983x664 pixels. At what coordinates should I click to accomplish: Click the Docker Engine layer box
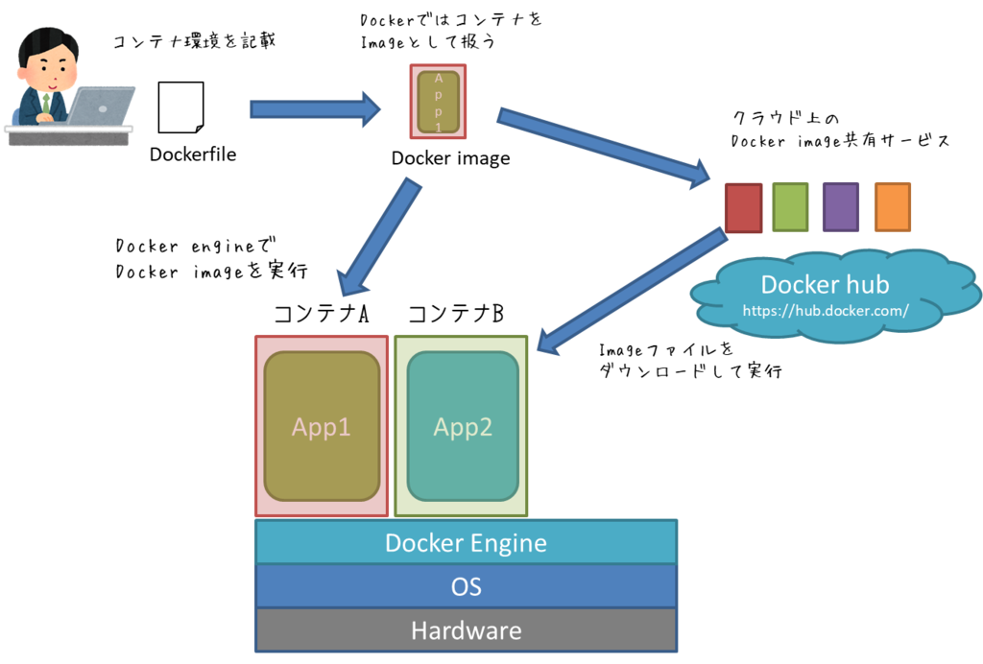(x=466, y=542)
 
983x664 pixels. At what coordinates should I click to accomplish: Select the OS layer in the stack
(x=466, y=585)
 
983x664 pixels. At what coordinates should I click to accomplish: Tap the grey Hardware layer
(x=466, y=630)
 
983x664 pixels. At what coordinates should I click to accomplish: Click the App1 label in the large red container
(x=322, y=427)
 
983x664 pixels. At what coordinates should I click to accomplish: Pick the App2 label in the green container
(x=463, y=427)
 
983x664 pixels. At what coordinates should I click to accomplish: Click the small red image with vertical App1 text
(x=438, y=102)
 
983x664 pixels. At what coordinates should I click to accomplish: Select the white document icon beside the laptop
(x=180, y=107)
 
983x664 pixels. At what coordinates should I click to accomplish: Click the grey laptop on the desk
(x=101, y=105)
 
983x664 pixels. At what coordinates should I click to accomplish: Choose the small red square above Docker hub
(x=743, y=207)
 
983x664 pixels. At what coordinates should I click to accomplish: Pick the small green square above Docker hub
(x=790, y=207)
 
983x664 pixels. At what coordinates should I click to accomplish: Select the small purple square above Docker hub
(x=841, y=207)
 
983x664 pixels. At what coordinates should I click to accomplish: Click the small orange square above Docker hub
(x=892, y=207)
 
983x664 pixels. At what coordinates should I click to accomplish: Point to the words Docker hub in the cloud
(x=825, y=285)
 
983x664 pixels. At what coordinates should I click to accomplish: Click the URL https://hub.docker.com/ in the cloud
(x=825, y=311)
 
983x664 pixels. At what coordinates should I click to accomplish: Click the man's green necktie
(x=45, y=101)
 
